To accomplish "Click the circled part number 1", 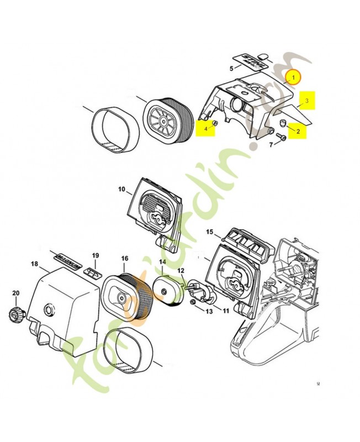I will coord(294,77).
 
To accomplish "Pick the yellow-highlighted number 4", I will coord(206,129).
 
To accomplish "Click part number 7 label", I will coord(271,145).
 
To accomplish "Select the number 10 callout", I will coord(121,190).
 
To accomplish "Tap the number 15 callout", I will coord(210,231).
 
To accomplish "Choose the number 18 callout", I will coord(35,265).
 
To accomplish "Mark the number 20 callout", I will coord(15,293).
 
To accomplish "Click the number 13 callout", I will coord(209,312).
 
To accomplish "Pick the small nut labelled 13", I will coord(193,303).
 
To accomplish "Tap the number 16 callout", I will coord(125,258).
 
